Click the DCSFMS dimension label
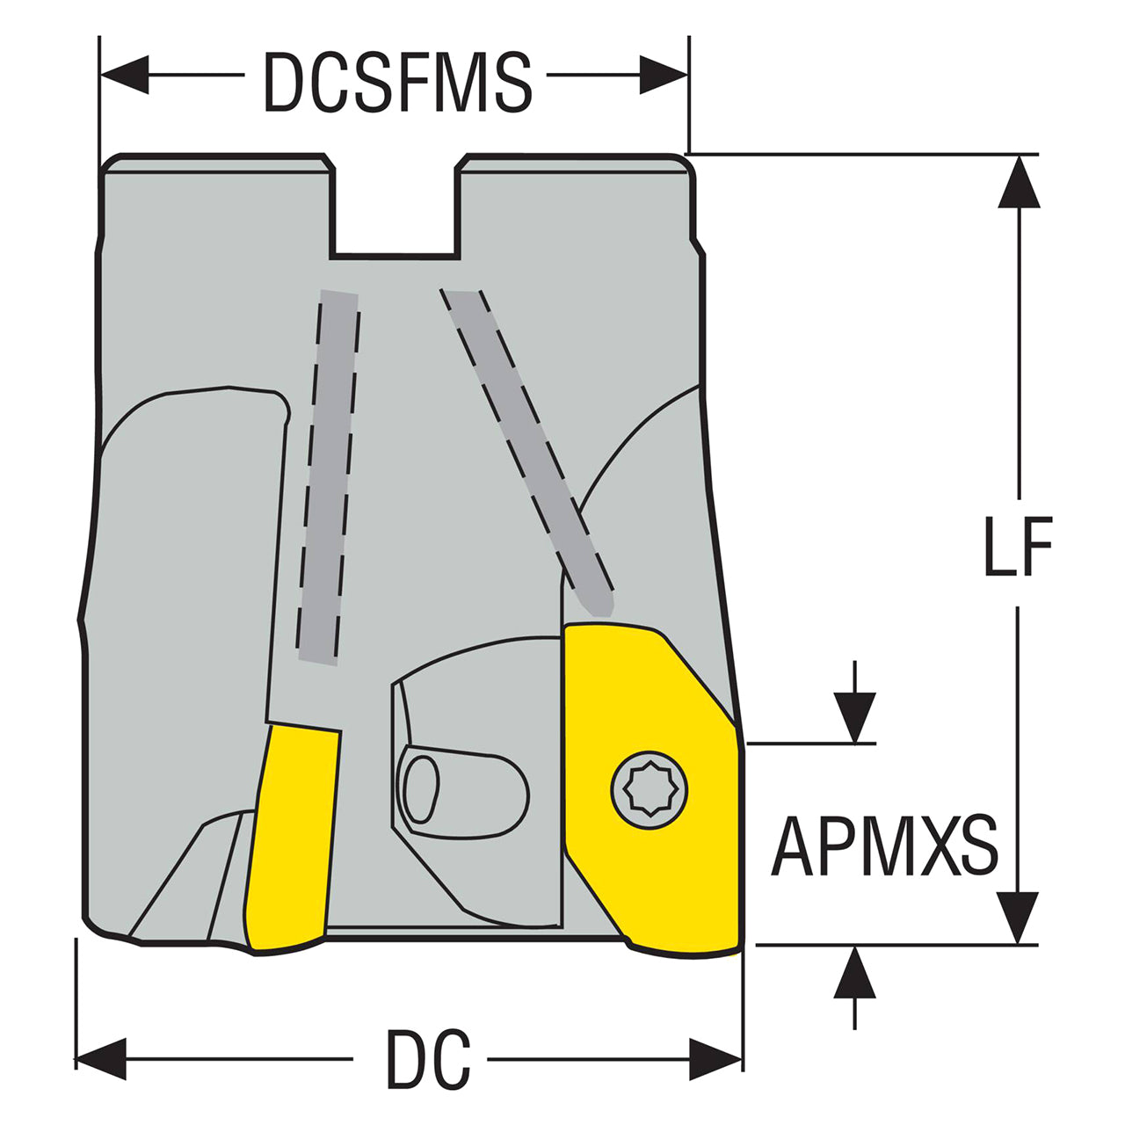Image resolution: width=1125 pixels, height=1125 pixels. pos(398,82)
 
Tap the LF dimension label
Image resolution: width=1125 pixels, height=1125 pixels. pos(1018,547)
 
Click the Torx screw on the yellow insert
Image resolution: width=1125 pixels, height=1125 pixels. pos(650,790)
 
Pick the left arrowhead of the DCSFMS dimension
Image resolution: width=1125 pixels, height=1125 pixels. pos(125,75)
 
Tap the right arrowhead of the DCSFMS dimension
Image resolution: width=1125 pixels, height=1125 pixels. pos(664,75)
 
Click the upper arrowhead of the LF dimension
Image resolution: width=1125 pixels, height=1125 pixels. pos(1019,182)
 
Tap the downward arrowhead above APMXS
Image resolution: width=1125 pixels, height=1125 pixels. pos(854,718)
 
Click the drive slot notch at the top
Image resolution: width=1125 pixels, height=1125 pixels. pos(395,210)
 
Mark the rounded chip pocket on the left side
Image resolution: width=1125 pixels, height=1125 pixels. pos(187,561)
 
